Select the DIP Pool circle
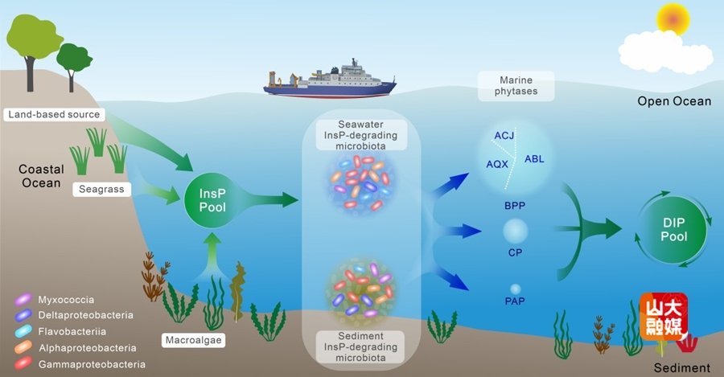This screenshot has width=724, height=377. coord(674,231)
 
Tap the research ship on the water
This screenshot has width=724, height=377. coord(330,80)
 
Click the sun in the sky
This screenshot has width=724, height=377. coord(673,18)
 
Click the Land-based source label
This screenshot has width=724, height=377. coord(54,115)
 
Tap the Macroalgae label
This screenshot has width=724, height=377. coord(194,340)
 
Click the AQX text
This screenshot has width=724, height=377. coord(497,164)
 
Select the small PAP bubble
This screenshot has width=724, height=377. coord(515,289)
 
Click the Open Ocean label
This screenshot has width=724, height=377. coord(674,101)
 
